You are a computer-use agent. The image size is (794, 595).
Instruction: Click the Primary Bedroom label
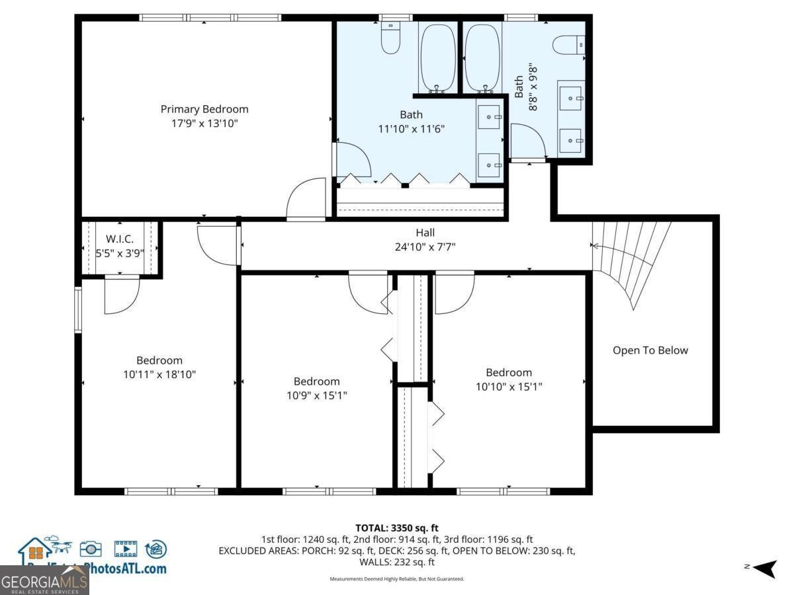tap(204, 109)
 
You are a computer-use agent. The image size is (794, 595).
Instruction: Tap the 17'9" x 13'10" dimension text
tap(204, 123)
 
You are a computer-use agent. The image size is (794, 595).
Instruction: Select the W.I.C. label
tap(120, 239)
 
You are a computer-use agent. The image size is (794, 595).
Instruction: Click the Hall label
tap(425, 233)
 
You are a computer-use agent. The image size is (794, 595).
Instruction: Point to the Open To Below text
tap(650, 350)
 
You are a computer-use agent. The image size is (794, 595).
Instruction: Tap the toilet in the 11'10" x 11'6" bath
tap(391, 40)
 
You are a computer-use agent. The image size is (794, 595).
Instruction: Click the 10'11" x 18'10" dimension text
tap(159, 374)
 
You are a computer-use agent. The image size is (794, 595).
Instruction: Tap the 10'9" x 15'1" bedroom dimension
tap(317, 395)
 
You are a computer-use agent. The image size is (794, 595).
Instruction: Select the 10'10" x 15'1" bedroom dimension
tap(509, 387)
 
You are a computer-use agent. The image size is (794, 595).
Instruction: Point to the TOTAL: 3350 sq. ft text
tap(397, 528)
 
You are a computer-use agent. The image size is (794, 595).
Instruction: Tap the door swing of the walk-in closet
tap(122, 296)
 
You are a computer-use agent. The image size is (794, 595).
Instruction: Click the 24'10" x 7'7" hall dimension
tap(425, 247)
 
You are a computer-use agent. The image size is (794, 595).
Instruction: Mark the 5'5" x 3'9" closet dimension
tap(120, 253)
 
